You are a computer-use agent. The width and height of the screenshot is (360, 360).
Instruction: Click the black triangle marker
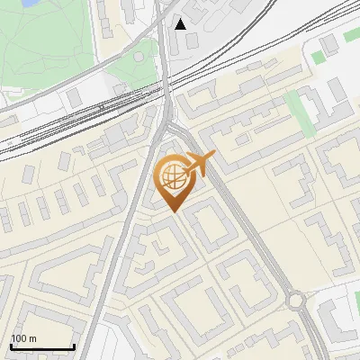click(x=181, y=23)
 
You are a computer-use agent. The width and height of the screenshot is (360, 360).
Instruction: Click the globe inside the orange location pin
click(x=171, y=177)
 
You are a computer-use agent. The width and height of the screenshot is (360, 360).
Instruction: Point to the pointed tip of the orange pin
click(x=173, y=211)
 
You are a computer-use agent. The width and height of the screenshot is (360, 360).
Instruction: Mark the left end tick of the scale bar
click(x=11, y=346)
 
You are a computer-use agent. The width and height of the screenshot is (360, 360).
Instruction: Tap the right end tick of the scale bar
click(x=74, y=346)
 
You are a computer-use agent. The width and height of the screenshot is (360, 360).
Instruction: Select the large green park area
click(x=45, y=40)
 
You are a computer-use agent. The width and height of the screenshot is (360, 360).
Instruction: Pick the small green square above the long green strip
click(x=319, y=58)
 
